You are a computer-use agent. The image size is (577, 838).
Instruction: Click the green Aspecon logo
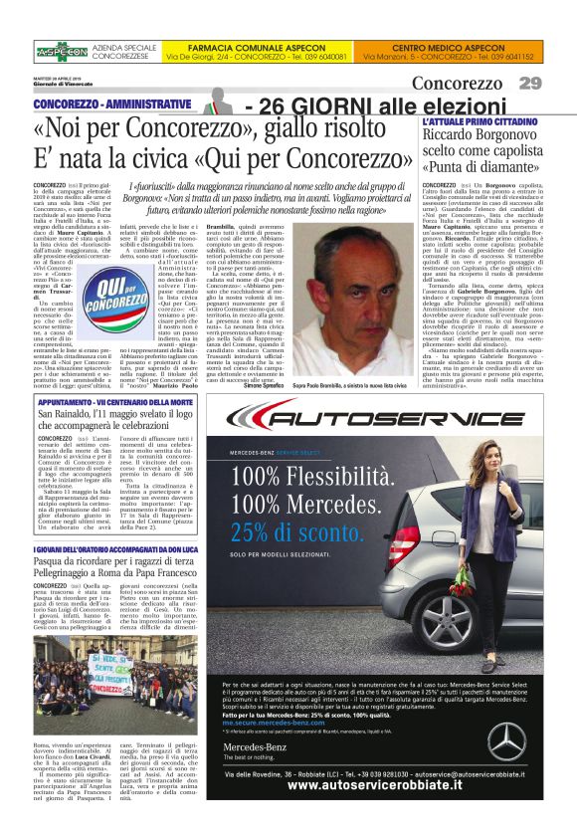click(x=62, y=51)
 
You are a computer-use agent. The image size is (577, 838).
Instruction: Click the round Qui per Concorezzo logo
click(x=102, y=297)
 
